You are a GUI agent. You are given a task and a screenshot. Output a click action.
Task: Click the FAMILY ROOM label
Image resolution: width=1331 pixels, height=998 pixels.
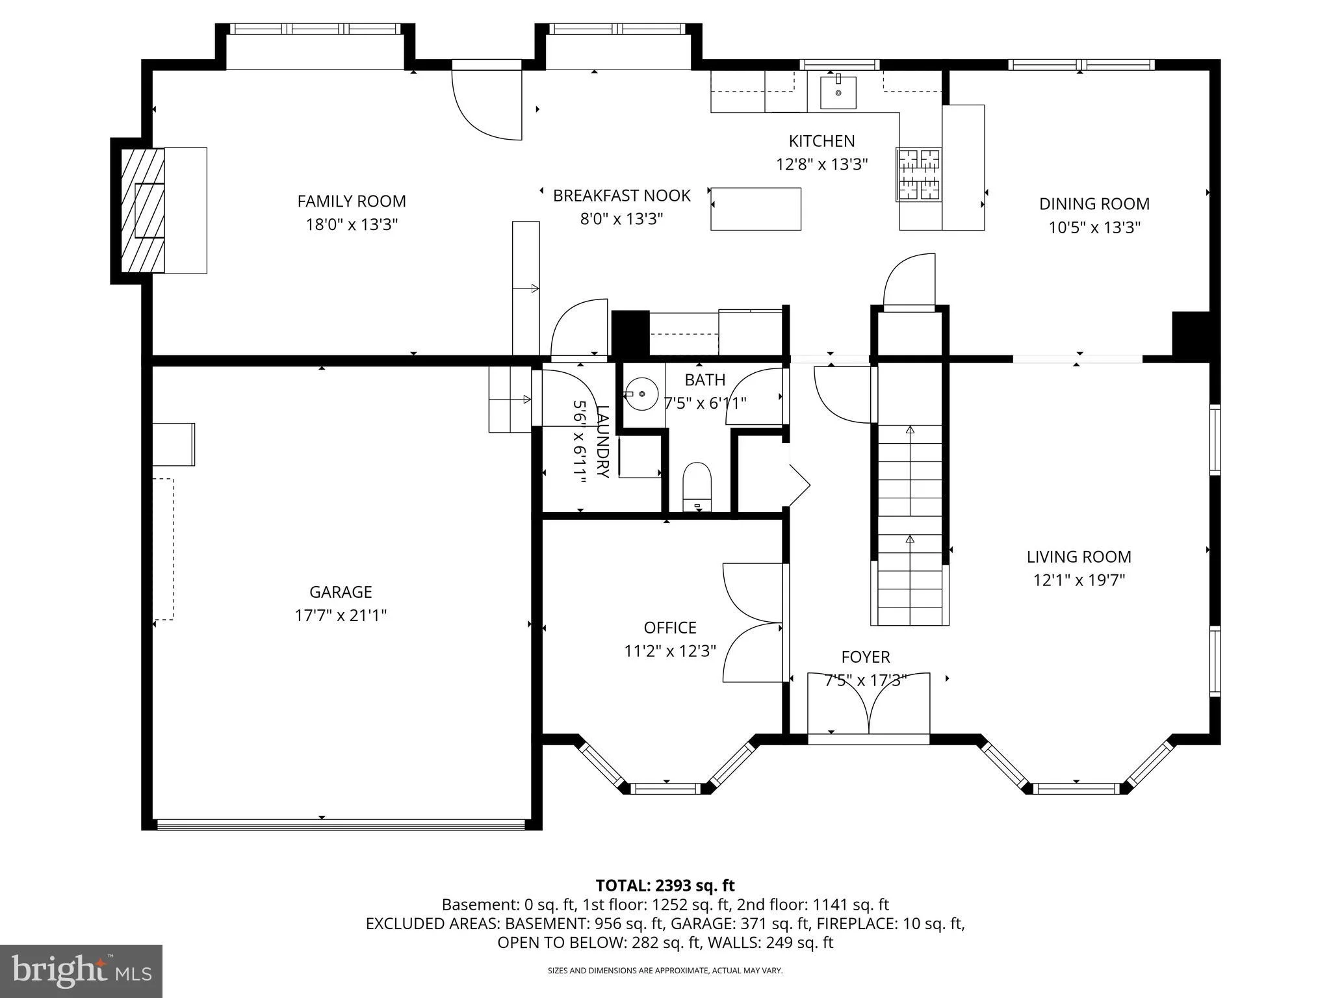(x=352, y=201)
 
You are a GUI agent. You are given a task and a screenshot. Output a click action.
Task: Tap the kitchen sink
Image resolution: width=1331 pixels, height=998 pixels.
(x=838, y=92)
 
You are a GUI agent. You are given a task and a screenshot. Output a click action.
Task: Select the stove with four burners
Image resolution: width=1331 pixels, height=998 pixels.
(x=919, y=174)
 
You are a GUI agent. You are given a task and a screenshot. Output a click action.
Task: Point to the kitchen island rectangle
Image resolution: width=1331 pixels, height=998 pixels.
(x=755, y=209)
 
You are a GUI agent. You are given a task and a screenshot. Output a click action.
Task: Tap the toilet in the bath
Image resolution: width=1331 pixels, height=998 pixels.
(x=697, y=487)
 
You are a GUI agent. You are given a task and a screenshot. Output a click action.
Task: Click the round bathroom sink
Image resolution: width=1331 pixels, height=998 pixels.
(x=641, y=394)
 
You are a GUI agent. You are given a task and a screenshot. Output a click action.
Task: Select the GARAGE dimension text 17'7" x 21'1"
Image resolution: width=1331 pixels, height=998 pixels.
(x=341, y=615)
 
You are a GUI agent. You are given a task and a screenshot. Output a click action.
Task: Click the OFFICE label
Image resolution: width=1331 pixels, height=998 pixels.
(x=670, y=628)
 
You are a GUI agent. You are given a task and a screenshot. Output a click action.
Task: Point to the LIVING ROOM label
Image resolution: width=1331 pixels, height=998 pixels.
(x=1079, y=557)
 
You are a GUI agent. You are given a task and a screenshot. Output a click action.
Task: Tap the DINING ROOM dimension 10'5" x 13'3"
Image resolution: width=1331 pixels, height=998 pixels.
(x=1094, y=227)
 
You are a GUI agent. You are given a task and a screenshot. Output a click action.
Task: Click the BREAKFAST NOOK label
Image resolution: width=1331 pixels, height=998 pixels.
(x=621, y=196)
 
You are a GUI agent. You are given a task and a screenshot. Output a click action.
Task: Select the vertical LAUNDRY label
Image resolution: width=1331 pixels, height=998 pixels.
(x=602, y=441)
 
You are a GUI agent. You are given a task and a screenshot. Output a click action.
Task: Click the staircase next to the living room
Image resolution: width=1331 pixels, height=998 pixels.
(x=910, y=524)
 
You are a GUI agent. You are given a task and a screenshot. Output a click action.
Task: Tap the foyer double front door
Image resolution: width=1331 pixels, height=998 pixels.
(x=868, y=704)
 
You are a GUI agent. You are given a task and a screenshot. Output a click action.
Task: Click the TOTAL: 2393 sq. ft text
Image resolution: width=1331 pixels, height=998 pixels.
(x=665, y=885)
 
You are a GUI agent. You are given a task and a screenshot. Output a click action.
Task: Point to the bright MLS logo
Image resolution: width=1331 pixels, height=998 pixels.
(x=81, y=971)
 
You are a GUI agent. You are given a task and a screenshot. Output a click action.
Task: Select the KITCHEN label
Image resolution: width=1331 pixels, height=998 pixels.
(x=821, y=141)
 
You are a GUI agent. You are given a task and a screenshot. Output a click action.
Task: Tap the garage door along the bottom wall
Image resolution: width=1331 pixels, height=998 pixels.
(x=341, y=824)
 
